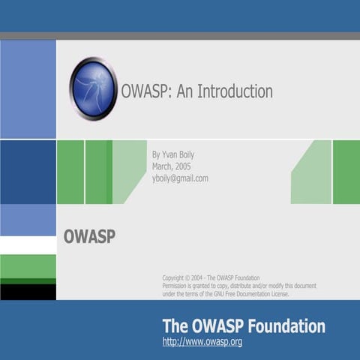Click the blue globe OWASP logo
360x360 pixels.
tap(94, 89)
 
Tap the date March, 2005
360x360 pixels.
tap(173, 166)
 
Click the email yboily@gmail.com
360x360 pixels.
tap(180, 178)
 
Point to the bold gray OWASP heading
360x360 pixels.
tap(89, 236)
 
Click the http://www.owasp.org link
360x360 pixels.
tap(202, 343)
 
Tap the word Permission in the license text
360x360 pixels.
tap(178, 286)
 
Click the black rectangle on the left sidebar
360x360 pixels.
tap(28, 292)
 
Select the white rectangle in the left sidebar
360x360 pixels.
tap(28, 245)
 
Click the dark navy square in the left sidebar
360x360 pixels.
tap(28, 172)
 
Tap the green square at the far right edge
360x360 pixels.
tap(346, 172)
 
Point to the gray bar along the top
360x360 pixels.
tap(180, 36)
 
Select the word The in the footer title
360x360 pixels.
tap(174, 326)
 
